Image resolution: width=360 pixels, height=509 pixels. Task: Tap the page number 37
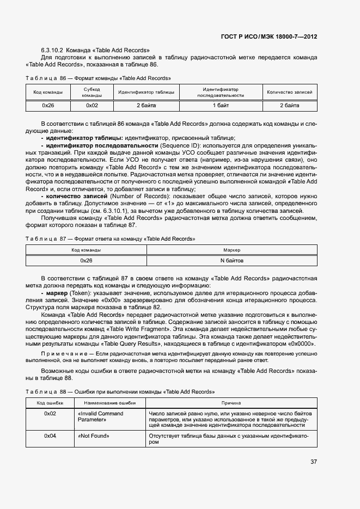point(314,462)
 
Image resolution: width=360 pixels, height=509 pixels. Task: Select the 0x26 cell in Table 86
point(48,106)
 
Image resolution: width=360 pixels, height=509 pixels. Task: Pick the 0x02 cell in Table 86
point(92,106)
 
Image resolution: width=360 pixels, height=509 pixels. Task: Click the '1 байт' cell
point(221,106)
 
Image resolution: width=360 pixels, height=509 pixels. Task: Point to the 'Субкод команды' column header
point(92,92)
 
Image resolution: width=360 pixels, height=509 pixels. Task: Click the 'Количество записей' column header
point(290,92)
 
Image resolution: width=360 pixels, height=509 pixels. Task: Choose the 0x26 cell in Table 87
point(86,261)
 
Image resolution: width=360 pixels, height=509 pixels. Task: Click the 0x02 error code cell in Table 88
point(50,414)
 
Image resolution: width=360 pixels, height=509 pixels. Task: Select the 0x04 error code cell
point(50,436)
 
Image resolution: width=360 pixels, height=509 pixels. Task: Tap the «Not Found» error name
point(94,436)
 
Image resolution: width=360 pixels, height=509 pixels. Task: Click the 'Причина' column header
point(231,403)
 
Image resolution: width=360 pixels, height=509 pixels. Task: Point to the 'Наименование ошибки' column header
point(109,403)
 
